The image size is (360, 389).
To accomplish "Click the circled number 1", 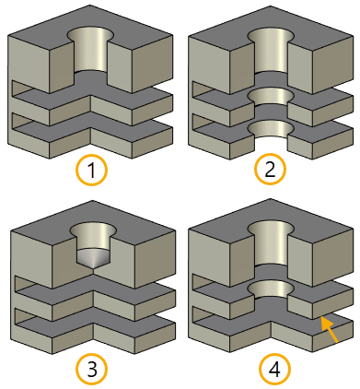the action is pyautogui.click(x=91, y=171).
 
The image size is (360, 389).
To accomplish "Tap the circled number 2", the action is pyautogui.click(x=270, y=169).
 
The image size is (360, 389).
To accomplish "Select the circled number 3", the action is pyautogui.click(x=92, y=369).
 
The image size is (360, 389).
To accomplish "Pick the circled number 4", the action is pyautogui.click(x=274, y=369).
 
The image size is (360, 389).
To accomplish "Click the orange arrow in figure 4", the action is pyautogui.click(x=330, y=329).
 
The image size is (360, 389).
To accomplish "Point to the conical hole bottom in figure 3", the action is pyautogui.click(x=93, y=259).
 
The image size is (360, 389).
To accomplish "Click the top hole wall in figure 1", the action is pyautogui.click(x=90, y=51).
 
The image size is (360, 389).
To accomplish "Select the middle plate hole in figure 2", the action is pyautogui.click(x=271, y=97).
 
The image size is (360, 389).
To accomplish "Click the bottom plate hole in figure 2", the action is pyautogui.click(x=271, y=130).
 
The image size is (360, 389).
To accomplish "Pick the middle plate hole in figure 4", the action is pyautogui.click(x=271, y=290).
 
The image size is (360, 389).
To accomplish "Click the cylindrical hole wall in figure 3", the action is pyautogui.click(x=93, y=237).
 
